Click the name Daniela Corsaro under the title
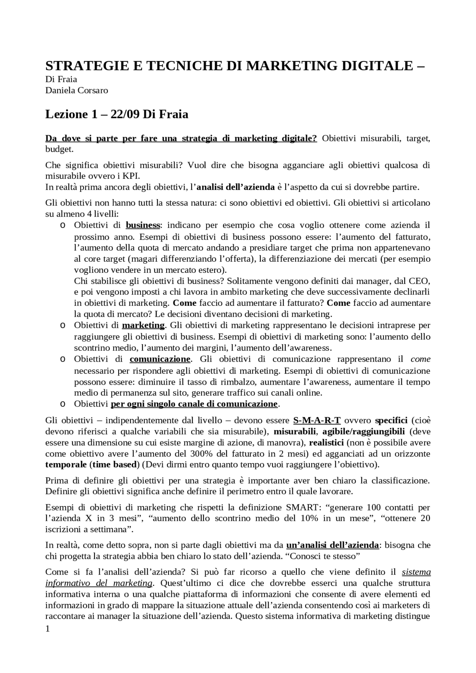click(x=77, y=90)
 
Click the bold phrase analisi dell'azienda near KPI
click(x=235, y=187)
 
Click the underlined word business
click(x=143, y=225)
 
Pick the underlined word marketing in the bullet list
click(x=143, y=325)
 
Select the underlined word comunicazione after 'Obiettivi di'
click(x=160, y=359)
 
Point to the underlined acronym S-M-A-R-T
click(x=317, y=421)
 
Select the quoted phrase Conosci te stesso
click(x=325, y=556)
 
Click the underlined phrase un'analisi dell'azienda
click(x=332, y=545)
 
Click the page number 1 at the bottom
click(x=47, y=629)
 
